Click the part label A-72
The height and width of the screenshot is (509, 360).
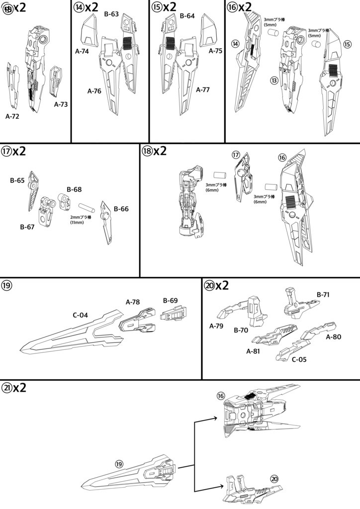pyautogui.click(x=12, y=116)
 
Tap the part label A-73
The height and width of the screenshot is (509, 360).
pyautogui.click(x=61, y=104)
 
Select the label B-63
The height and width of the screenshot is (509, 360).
pyautogui.click(x=111, y=14)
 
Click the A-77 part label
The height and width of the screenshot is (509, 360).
pyautogui.click(x=203, y=90)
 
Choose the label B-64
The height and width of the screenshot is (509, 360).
pyautogui.click(x=187, y=15)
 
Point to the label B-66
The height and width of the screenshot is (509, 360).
pyautogui.click(x=121, y=209)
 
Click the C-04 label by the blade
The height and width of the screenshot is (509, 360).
pyautogui.click(x=81, y=315)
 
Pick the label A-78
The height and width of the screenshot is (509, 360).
pyautogui.click(x=133, y=301)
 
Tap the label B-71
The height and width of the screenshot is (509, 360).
pyautogui.click(x=324, y=294)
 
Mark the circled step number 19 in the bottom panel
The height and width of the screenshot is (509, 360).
pyautogui.click(x=119, y=464)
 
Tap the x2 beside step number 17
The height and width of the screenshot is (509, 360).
pyautogui.click(x=19, y=151)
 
